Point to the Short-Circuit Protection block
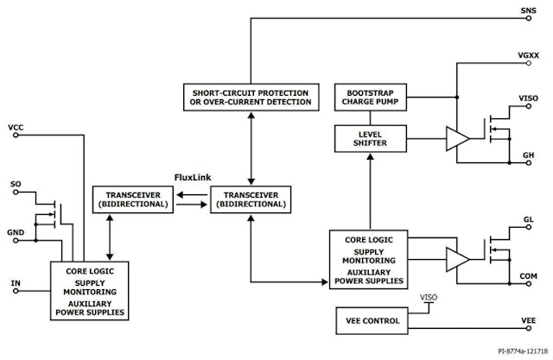(x=250, y=98)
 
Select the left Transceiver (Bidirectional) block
(x=132, y=199)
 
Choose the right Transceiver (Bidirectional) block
(x=251, y=199)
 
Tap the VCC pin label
(x=16, y=128)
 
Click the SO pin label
(x=15, y=184)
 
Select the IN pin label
(x=15, y=282)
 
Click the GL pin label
(x=528, y=220)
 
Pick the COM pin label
(x=528, y=276)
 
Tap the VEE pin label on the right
(x=528, y=321)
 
